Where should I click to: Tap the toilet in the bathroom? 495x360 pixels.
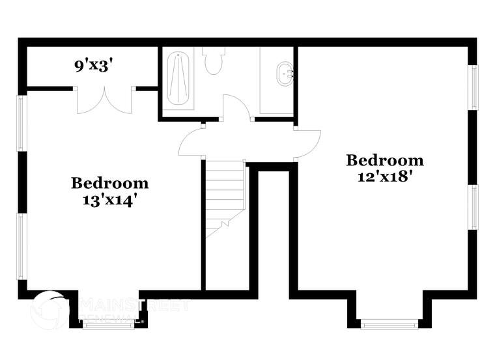tap(213, 60)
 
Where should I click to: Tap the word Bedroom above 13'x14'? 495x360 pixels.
tap(109, 183)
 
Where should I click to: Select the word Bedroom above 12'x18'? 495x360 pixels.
tap(384, 159)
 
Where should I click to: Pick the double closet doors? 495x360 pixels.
tap(105, 100)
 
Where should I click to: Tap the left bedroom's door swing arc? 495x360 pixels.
tap(191, 141)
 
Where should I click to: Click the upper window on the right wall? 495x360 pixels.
tap(475, 87)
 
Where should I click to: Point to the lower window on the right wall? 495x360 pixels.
tap(475, 207)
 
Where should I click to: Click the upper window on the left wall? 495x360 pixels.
tap(21, 123)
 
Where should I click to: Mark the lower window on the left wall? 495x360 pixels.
tap(21, 247)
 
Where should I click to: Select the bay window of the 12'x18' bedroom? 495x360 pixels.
tap(389, 324)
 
